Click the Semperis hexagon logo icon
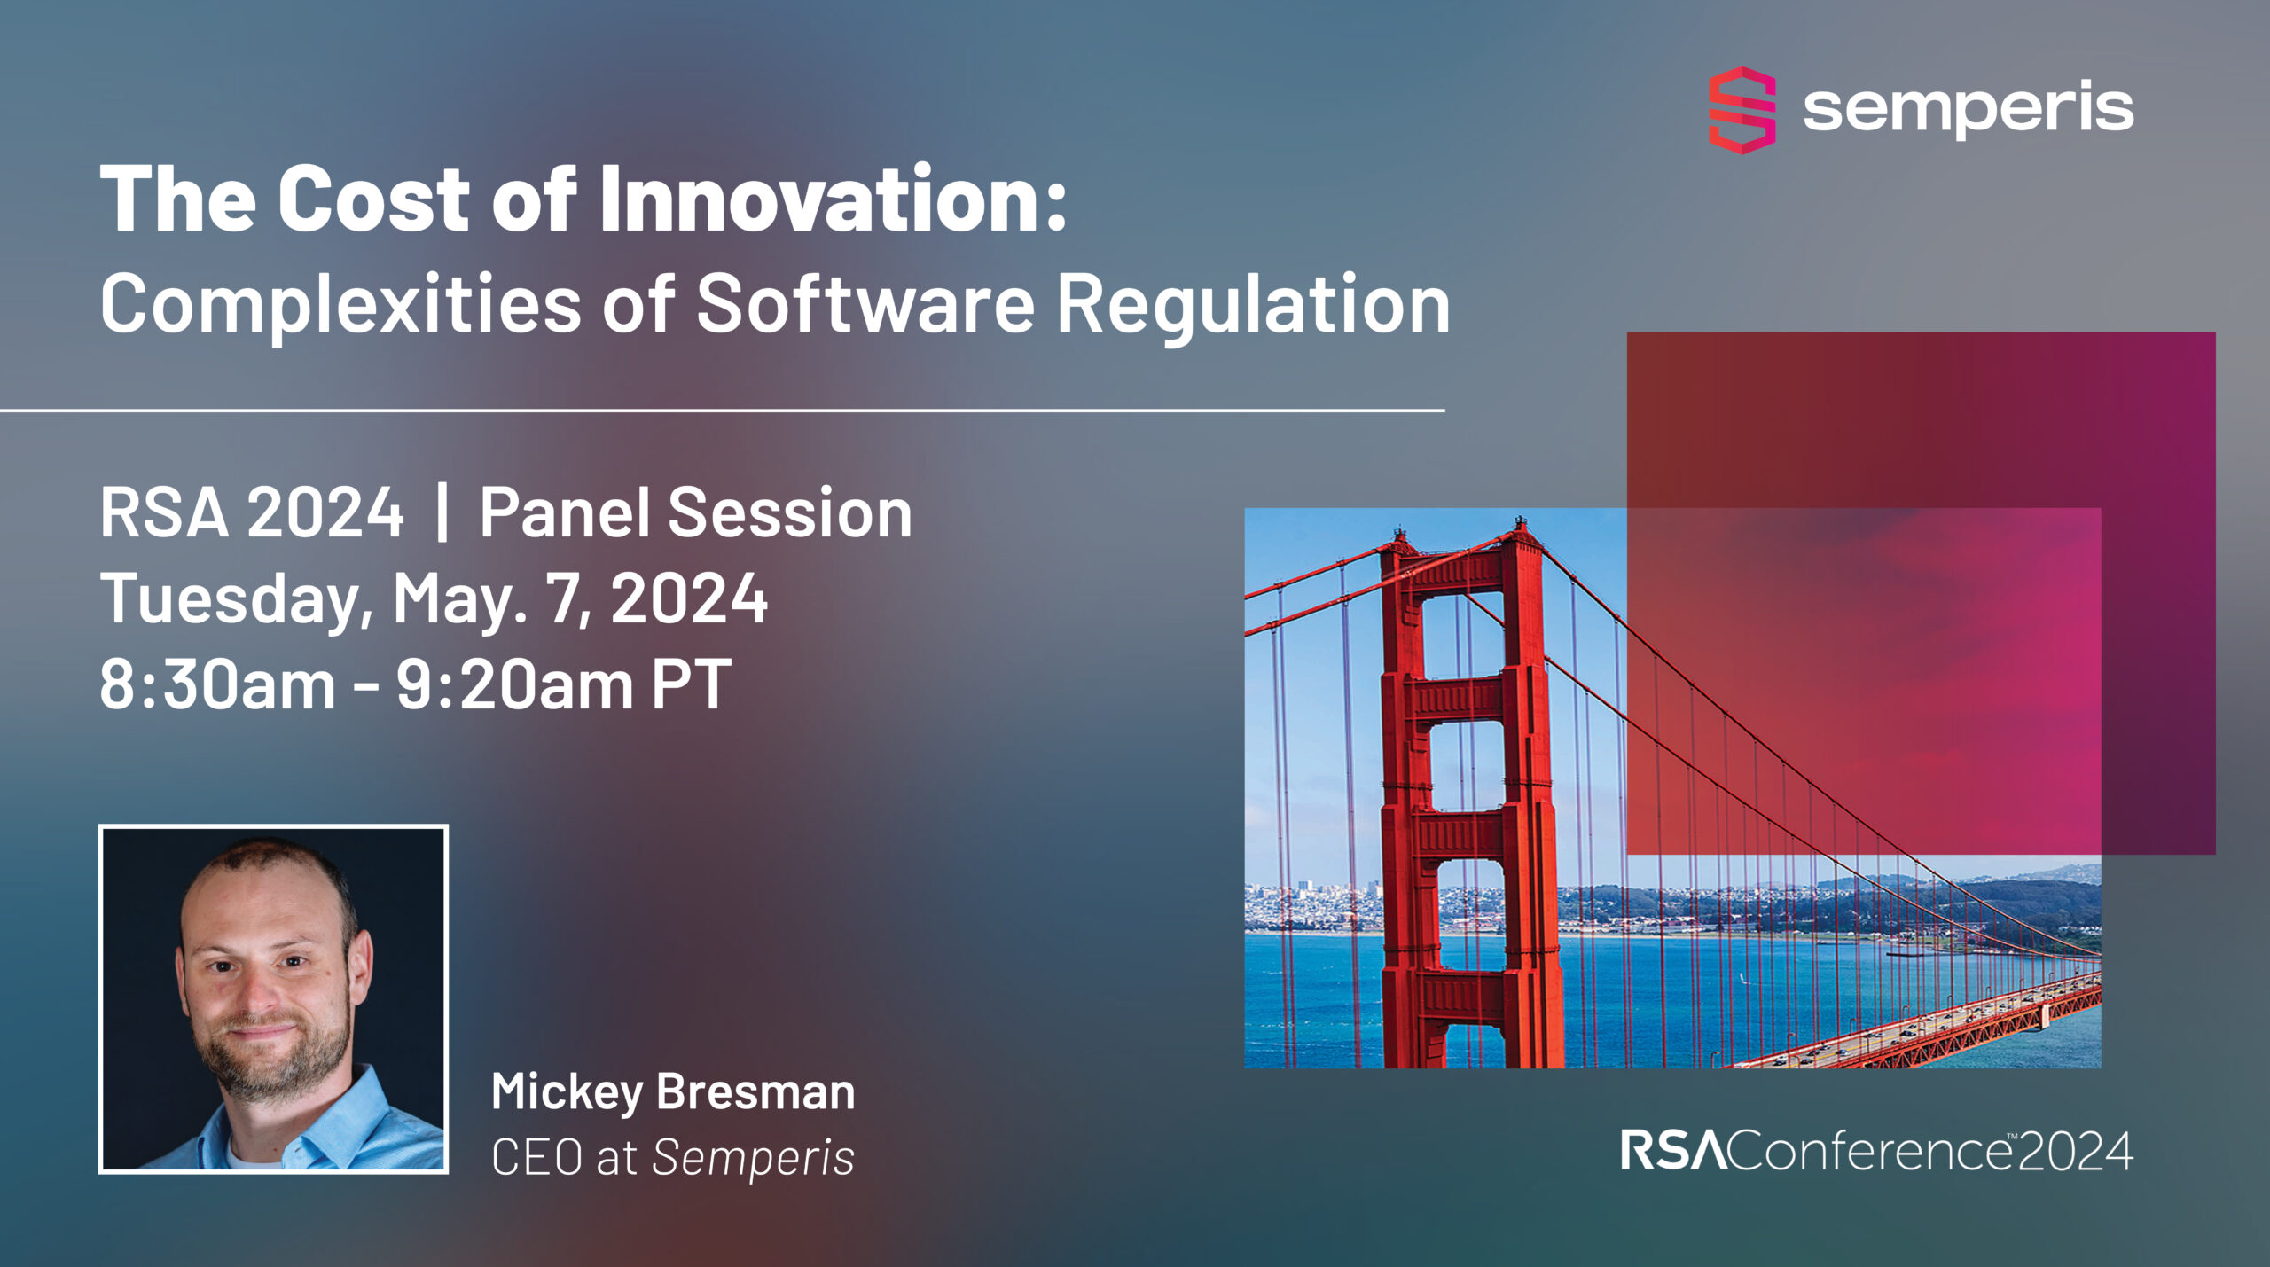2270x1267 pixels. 1742,110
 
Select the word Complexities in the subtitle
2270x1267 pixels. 340,304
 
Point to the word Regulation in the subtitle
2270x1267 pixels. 1253,304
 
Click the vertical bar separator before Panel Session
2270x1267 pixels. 442,513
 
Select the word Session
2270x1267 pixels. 789,513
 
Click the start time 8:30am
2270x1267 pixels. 217,685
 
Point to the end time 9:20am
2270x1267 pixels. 514,685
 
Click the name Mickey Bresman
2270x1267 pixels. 673,1091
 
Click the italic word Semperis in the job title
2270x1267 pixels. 753,1158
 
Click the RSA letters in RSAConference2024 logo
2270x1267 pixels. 1672,1152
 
